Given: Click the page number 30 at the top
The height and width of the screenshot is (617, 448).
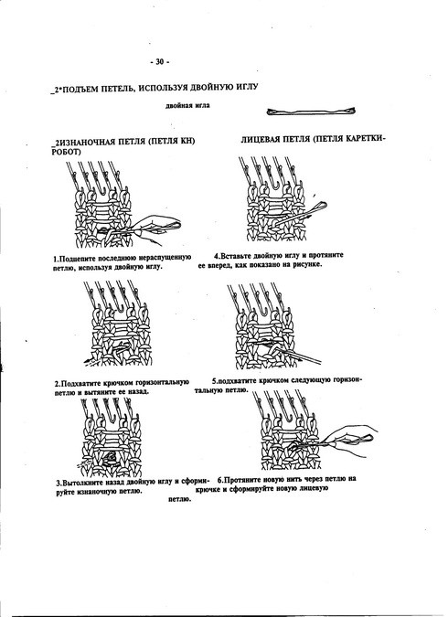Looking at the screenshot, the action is (x=159, y=61).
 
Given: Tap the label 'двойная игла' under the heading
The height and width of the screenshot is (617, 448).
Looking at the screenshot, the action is (x=187, y=105).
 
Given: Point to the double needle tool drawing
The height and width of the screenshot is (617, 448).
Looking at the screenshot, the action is (x=311, y=112).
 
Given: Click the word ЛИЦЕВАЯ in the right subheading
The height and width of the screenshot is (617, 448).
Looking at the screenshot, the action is (x=260, y=140).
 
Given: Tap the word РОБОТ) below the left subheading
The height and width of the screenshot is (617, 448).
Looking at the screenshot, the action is (x=66, y=152).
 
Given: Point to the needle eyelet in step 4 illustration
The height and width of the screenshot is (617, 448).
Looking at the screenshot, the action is (x=319, y=205).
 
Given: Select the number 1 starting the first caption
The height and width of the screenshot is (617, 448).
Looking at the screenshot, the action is (x=56, y=259).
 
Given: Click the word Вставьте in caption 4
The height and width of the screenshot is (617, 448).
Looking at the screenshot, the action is (x=238, y=255).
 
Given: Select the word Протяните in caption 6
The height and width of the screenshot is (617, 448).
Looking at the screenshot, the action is (x=244, y=480).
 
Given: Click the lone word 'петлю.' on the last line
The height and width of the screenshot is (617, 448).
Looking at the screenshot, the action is (x=179, y=500).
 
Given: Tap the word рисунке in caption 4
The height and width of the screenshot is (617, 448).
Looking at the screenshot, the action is (x=307, y=264).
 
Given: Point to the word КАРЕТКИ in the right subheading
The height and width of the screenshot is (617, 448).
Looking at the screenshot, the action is (x=366, y=139).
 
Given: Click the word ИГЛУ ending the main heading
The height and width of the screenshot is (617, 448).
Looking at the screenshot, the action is (x=246, y=87).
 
